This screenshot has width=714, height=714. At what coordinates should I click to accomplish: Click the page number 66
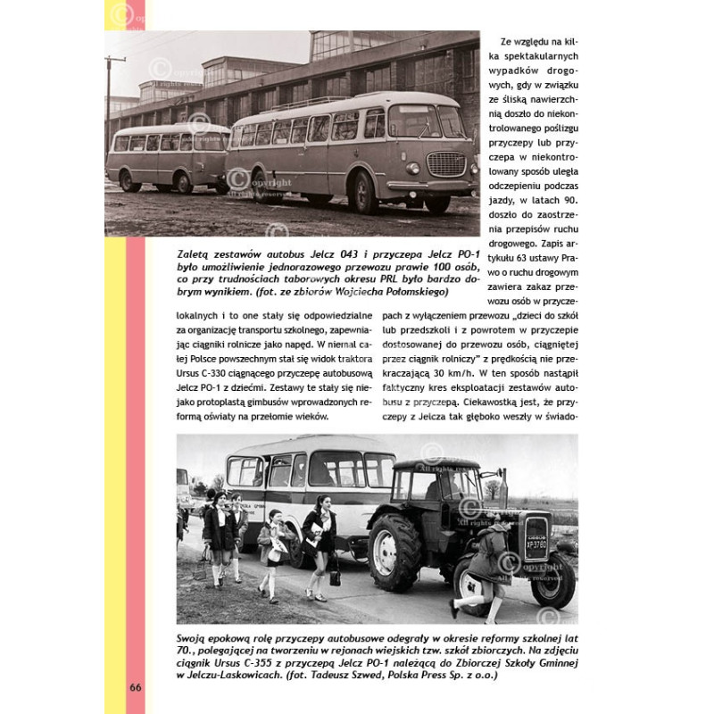(135, 687)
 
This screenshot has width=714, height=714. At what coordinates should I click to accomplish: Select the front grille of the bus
(446, 163)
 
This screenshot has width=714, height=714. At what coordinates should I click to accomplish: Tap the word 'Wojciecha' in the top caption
(360, 292)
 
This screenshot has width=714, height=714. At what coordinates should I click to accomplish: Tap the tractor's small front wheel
(553, 580)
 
